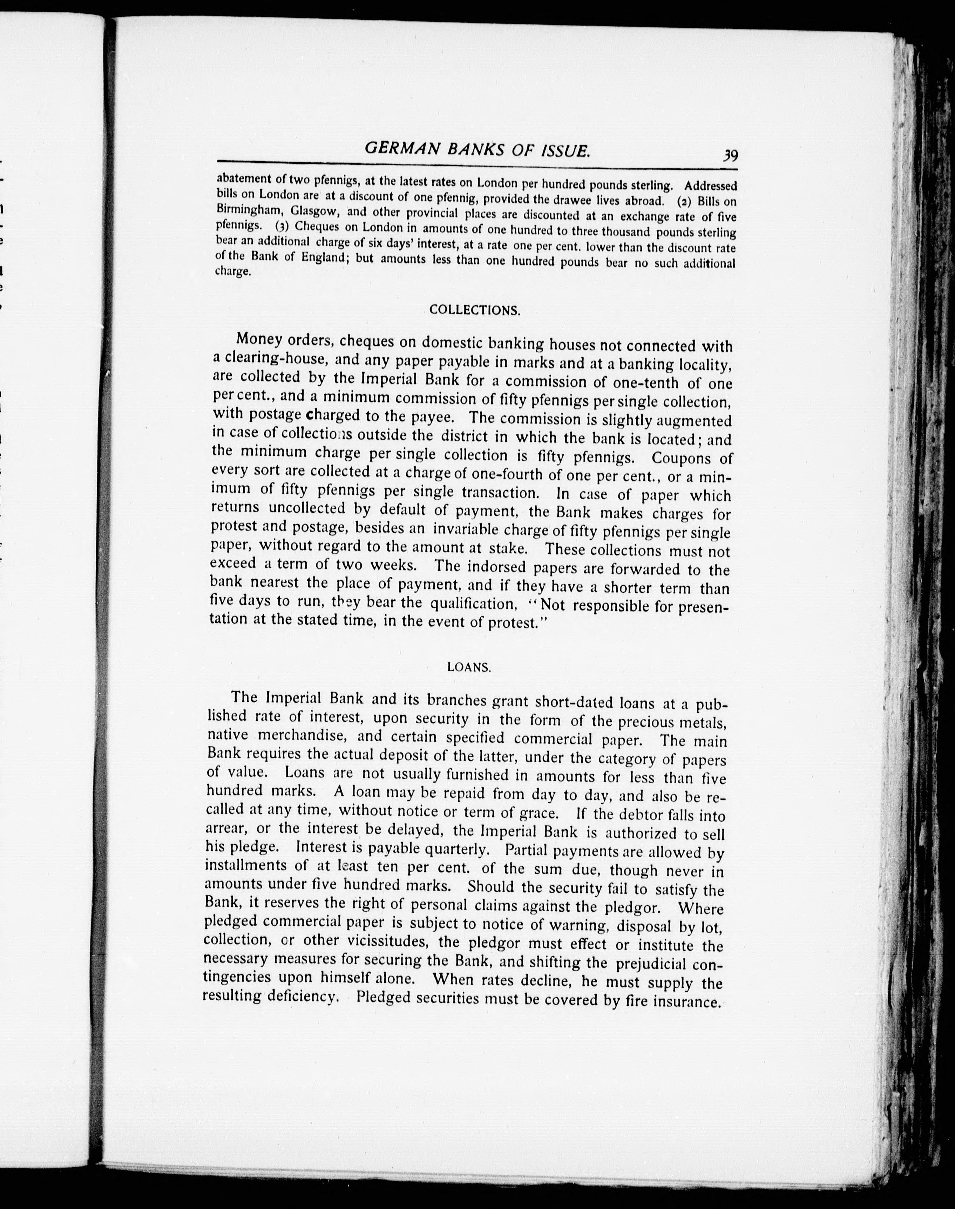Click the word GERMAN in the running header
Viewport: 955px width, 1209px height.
[x=398, y=148]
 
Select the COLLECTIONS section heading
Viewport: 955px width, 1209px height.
[x=474, y=310]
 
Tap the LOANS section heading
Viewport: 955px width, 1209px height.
[x=469, y=667]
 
